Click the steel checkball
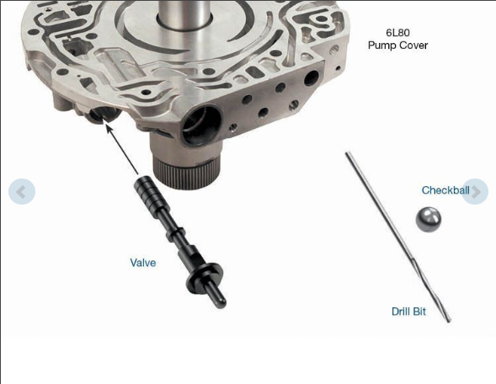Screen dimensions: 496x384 (428, 220)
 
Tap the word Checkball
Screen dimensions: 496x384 (445, 190)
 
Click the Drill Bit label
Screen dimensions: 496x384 (408, 312)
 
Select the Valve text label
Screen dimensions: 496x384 (143, 263)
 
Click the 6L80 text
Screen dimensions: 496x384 (397, 33)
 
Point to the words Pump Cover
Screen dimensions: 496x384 (397, 45)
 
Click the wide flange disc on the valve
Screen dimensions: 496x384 (205, 275)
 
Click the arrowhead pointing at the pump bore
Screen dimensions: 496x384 (109, 128)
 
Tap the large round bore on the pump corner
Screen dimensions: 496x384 (200, 125)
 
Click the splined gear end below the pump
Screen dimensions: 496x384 (185, 173)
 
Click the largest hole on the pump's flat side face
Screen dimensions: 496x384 (312, 78)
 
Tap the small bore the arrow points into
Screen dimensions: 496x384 (104, 115)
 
